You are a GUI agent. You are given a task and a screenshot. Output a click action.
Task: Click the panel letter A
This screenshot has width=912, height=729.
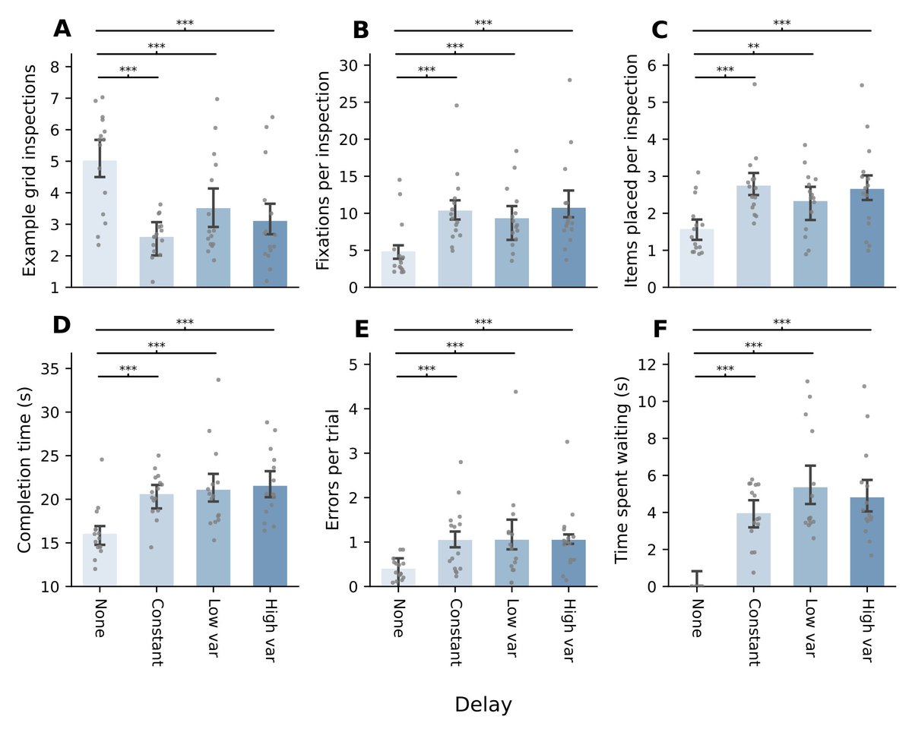(62, 30)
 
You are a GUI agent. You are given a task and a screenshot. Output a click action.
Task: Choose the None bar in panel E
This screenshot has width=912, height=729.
(398, 577)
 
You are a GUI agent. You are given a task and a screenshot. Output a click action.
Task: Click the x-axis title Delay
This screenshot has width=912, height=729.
(483, 705)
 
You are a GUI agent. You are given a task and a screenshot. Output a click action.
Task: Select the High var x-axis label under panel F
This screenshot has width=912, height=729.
(867, 630)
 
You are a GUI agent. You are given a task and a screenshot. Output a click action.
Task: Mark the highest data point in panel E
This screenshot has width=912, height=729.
(515, 392)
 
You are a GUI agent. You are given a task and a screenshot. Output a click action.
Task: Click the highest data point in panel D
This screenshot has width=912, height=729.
(218, 379)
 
